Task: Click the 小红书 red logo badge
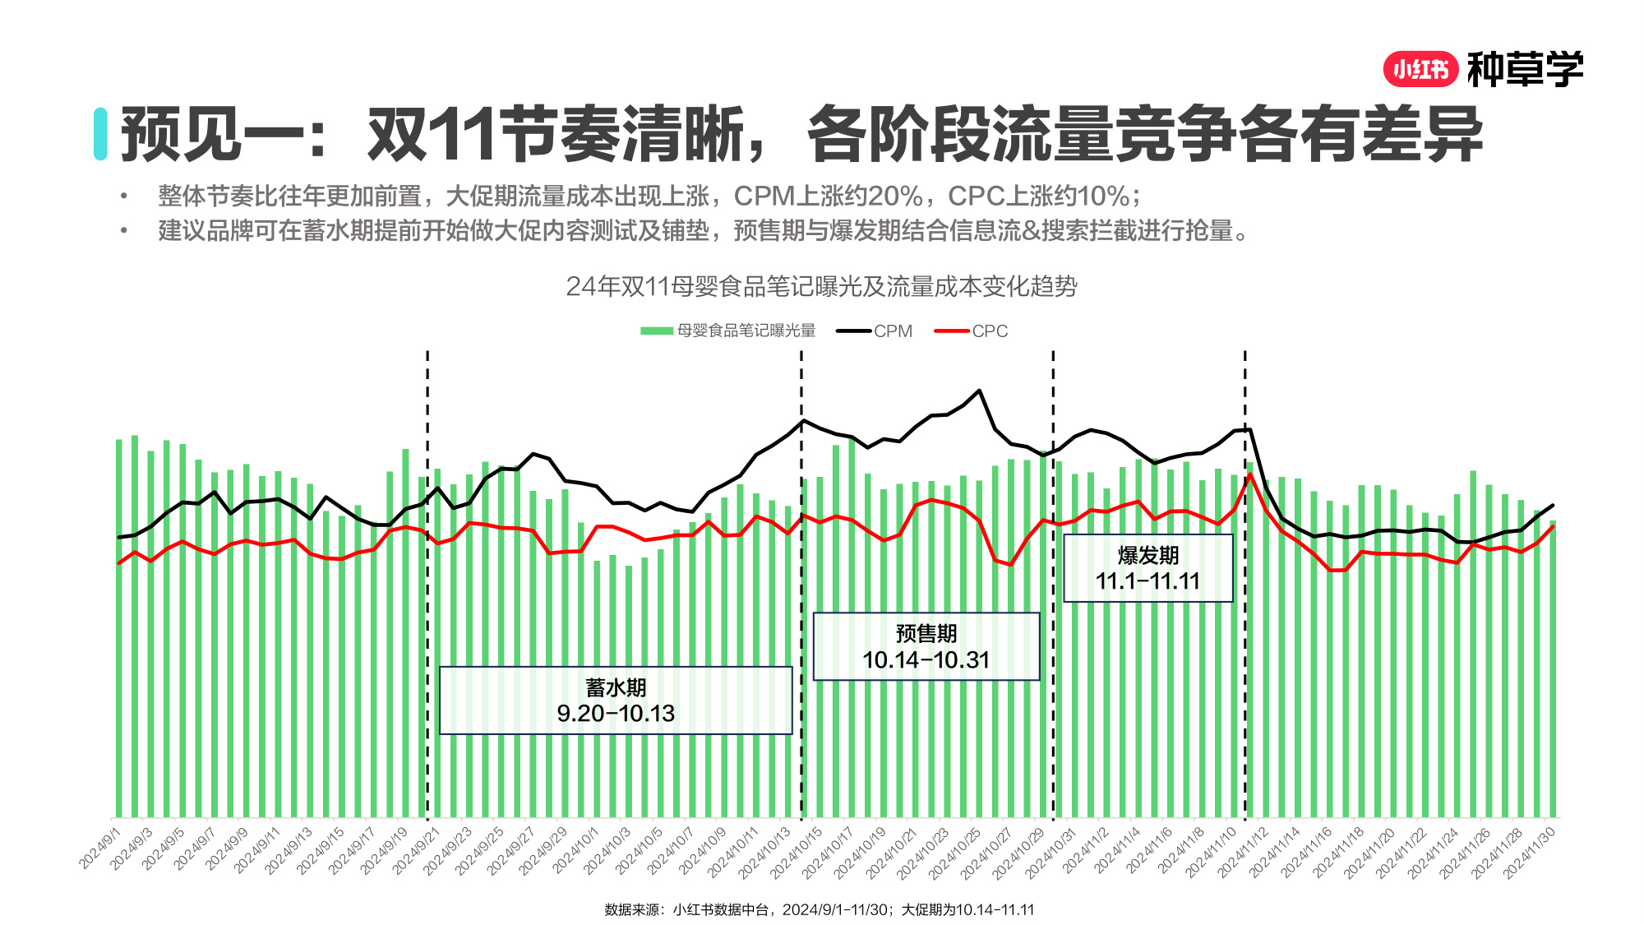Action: pos(1420,70)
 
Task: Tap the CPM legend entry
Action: pos(875,331)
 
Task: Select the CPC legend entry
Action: pos(972,331)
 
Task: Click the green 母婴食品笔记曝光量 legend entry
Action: pos(728,331)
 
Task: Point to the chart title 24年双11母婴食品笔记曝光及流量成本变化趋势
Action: pos(821,286)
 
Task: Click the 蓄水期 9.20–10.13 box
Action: pos(616,701)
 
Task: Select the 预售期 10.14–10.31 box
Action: pos(926,646)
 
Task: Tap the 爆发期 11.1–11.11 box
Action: pos(1148,568)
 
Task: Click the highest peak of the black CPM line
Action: pos(979,391)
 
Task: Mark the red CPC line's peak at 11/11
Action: pos(1249,475)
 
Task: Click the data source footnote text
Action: pos(820,909)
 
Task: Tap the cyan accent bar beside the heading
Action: pos(100,134)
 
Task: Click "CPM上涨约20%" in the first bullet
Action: pos(828,196)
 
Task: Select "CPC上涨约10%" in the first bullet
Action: pos(1039,196)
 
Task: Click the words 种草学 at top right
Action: pos(1525,70)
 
